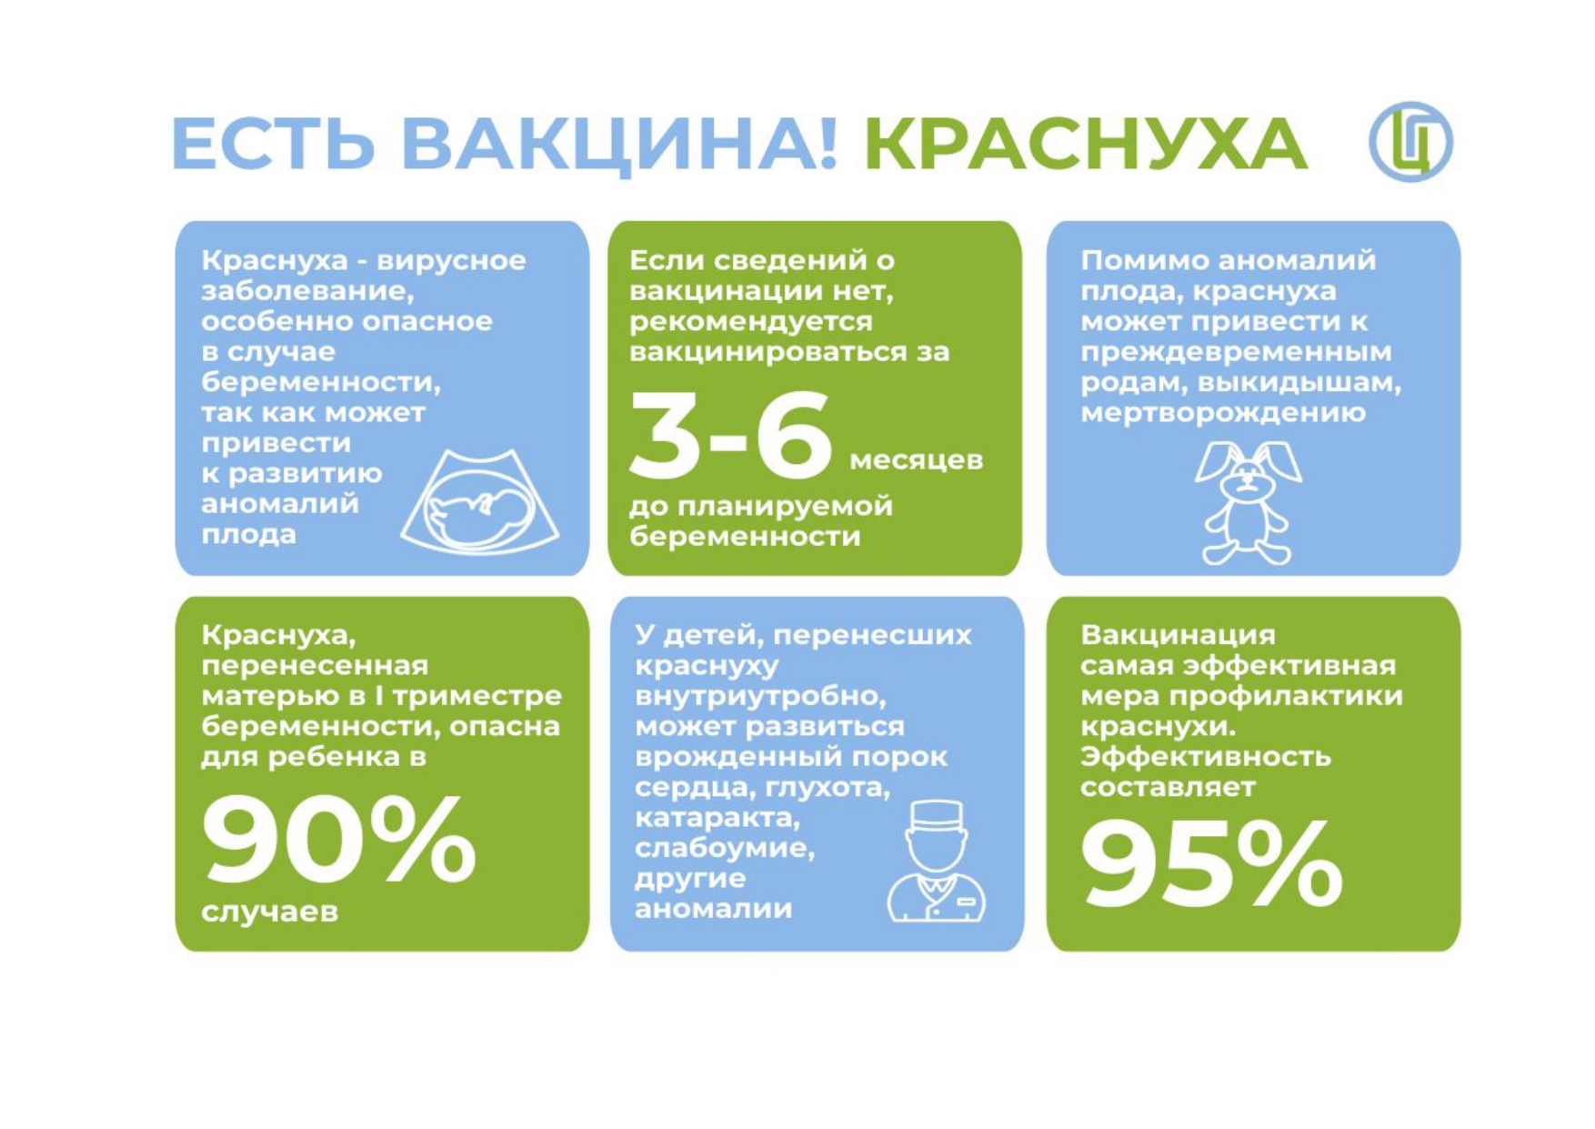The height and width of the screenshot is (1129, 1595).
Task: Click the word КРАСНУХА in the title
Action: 1085,144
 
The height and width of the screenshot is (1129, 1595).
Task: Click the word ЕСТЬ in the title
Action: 273,144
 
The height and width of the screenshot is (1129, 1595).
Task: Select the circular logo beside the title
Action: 1410,142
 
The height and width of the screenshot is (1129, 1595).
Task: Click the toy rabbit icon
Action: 1248,502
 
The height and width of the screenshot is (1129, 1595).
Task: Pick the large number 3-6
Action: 730,434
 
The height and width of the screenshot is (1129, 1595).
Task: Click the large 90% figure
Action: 338,839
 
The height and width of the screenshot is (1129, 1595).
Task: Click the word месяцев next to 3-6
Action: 917,459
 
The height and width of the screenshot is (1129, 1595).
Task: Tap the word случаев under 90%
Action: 270,912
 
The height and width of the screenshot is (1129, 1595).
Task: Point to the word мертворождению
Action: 1223,413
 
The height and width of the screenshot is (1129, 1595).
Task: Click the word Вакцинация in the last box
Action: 1178,634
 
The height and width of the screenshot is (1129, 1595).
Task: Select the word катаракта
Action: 717,818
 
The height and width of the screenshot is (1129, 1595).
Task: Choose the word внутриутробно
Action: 760,697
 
